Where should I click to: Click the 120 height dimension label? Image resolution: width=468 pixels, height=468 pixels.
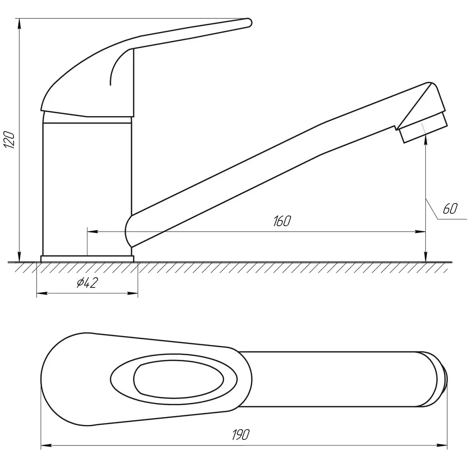coord(9,139)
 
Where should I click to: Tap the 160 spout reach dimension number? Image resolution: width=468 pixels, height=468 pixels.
coord(282,221)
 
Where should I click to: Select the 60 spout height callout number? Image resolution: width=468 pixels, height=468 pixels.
coord(450,209)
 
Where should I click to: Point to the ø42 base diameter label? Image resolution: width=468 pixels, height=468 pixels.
coord(87,283)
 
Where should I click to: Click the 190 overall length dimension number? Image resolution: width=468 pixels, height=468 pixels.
coord(241,435)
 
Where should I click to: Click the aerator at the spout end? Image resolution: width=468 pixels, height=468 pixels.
coord(423,127)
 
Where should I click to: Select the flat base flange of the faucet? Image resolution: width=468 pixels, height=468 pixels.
coord(87,259)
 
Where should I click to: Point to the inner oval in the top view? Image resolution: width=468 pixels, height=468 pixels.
coord(178,379)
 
